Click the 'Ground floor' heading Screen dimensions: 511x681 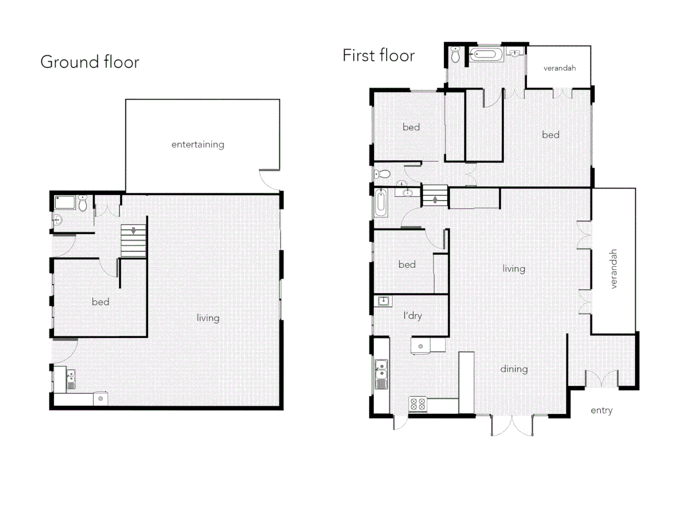[x=90, y=62]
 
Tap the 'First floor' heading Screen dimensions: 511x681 [x=378, y=55]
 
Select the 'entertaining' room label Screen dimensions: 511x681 [x=198, y=144]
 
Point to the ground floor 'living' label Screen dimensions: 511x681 [x=208, y=318]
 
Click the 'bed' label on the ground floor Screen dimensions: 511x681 [x=100, y=302]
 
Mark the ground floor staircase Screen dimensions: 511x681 [x=133, y=241]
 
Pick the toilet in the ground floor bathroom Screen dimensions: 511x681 [x=83, y=203]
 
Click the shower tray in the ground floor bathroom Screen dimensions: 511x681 [x=65, y=203]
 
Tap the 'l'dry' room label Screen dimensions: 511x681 [x=412, y=316]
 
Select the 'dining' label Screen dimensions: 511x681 [x=514, y=369]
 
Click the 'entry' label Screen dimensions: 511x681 [x=601, y=410]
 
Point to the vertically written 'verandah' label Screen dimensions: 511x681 [x=613, y=269]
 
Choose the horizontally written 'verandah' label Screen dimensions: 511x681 [x=559, y=68]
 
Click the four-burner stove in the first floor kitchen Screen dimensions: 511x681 [x=418, y=404]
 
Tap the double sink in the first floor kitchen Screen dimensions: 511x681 [x=381, y=369]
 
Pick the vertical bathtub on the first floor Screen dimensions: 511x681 [x=381, y=203]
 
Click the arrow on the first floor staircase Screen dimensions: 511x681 [x=435, y=200]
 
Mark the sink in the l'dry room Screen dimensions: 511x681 [x=384, y=301]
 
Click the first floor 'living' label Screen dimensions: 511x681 [x=514, y=269]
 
